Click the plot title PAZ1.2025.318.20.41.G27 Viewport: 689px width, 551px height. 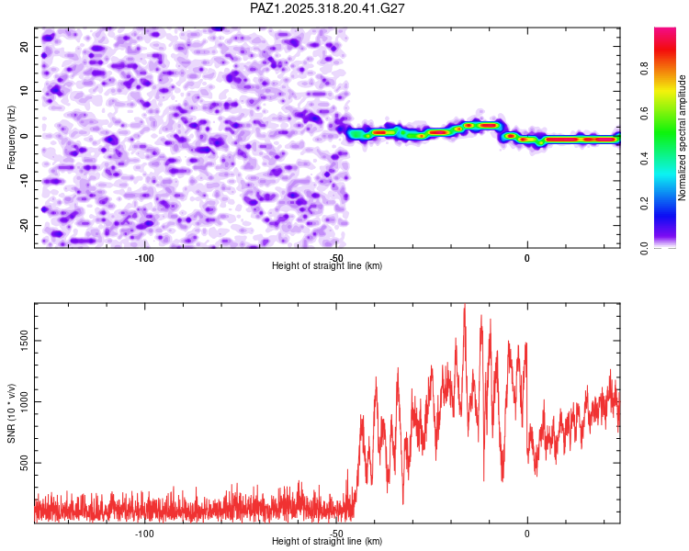tap(328, 8)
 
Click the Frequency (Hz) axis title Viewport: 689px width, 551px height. tap(12, 136)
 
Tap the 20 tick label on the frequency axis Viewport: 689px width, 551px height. tap(25, 46)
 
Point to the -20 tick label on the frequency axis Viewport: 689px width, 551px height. tap(23, 225)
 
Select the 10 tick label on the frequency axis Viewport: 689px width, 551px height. tap(25, 91)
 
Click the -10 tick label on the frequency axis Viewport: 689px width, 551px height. tap(23, 181)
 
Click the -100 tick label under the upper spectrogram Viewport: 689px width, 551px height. tap(144, 257)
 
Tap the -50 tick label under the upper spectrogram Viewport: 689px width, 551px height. tap(336, 257)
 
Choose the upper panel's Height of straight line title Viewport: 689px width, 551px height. tap(327, 266)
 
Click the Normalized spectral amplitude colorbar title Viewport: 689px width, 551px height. tap(683, 138)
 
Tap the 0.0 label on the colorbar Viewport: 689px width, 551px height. tap(646, 247)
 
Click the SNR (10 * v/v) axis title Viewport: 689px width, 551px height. tap(12, 411)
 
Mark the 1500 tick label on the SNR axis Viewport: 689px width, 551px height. tap(20, 341)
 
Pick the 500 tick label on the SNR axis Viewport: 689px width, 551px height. tap(20, 464)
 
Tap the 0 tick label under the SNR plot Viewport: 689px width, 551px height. tap(527, 534)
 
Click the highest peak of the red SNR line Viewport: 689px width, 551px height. tap(464, 305)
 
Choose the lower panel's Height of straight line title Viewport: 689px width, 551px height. tap(327, 542)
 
